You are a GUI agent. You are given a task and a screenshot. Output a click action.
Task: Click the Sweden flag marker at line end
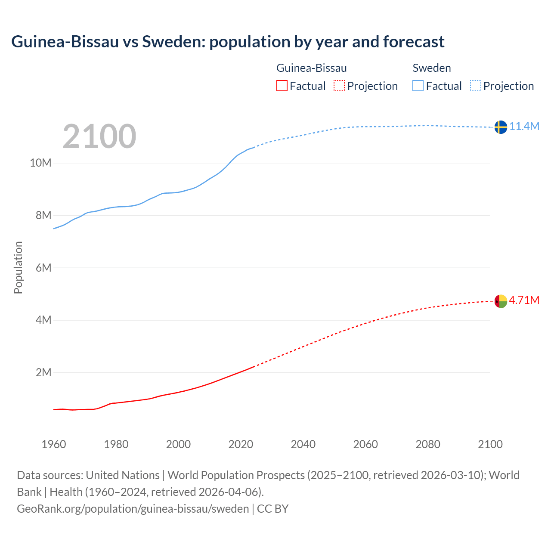[501, 127]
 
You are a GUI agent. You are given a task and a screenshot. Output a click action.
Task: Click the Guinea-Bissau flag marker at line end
[501, 301]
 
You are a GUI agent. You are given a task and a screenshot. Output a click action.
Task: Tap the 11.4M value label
[524, 126]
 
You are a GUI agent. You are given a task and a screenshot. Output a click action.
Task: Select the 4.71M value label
[524, 300]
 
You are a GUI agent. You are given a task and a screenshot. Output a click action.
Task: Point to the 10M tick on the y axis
[40, 163]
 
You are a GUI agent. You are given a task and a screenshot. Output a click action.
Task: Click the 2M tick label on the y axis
[43, 372]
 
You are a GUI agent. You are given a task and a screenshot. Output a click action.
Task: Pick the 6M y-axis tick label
[43, 268]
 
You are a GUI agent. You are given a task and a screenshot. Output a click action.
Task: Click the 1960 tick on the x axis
[54, 444]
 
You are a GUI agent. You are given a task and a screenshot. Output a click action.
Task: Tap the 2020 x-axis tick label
[241, 444]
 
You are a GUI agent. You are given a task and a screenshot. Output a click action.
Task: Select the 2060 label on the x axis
[365, 444]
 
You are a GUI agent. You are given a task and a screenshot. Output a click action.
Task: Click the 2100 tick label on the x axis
[490, 444]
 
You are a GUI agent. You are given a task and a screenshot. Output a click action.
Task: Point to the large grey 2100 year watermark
[99, 136]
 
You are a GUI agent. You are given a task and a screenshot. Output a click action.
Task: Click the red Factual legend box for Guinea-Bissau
[282, 86]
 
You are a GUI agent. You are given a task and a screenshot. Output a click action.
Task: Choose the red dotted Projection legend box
[339, 86]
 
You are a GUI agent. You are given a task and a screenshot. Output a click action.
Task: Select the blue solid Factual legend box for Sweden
[418, 86]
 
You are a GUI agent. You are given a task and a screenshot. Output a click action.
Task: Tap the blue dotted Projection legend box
[475, 86]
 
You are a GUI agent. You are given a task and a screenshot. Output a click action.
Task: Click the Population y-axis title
[18, 267]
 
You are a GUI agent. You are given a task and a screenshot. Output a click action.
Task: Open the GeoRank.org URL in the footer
[133, 509]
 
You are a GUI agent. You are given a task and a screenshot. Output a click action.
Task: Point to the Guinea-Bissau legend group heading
[311, 68]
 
